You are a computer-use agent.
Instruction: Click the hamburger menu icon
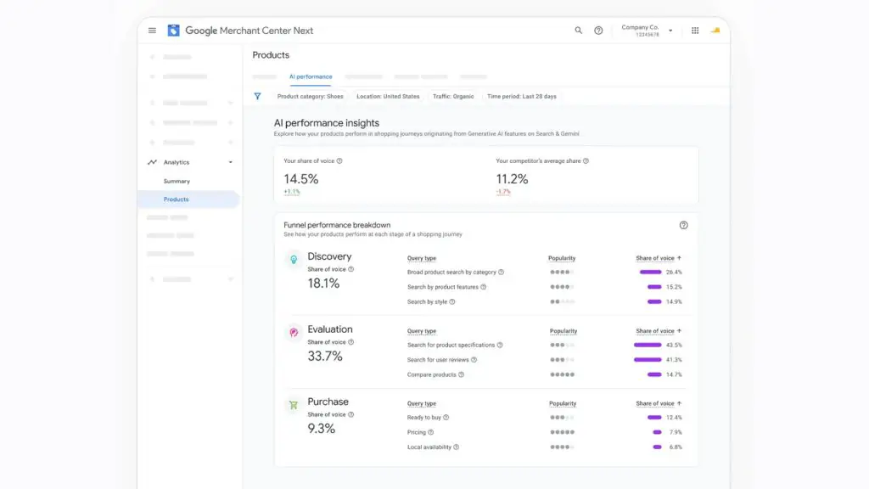pyautogui.click(x=152, y=31)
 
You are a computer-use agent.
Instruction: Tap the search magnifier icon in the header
pyautogui.click(x=578, y=31)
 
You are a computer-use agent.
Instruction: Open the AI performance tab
pyautogui.click(x=311, y=76)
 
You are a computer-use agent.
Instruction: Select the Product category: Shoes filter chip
pyautogui.click(x=310, y=97)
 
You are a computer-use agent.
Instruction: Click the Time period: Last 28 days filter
pyautogui.click(x=522, y=97)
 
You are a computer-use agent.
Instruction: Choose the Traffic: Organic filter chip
pyautogui.click(x=453, y=97)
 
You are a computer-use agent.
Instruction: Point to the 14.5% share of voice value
pyautogui.click(x=301, y=179)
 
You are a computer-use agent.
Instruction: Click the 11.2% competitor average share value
pyautogui.click(x=512, y=179)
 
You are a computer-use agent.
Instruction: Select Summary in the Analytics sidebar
pyautogui.click(x=177, y=182)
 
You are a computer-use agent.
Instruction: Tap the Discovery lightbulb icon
pyautogui.click(x=294, y=259)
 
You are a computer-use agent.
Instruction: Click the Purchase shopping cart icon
pyautogui.click(x=294, y=405)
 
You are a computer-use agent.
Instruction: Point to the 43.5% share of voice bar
pyautogui.click(x=648, y=345)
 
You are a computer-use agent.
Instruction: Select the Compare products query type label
pyautogui.click(x=431, y=374)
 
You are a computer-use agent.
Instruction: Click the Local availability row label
pyautogui.click(x=429, y=447)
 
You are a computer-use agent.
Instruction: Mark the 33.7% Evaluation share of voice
pyautogui.click(x=325, y=356)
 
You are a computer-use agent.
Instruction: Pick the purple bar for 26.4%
pyautogui.click(x=650, y=273)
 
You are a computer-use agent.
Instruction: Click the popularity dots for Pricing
pyautogui.click(x=562, y=432)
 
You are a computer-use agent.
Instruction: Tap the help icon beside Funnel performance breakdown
pyautogui.click(x=683, y=225)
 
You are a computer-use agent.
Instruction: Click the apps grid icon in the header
pyautogui.click(x=695, y=31)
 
